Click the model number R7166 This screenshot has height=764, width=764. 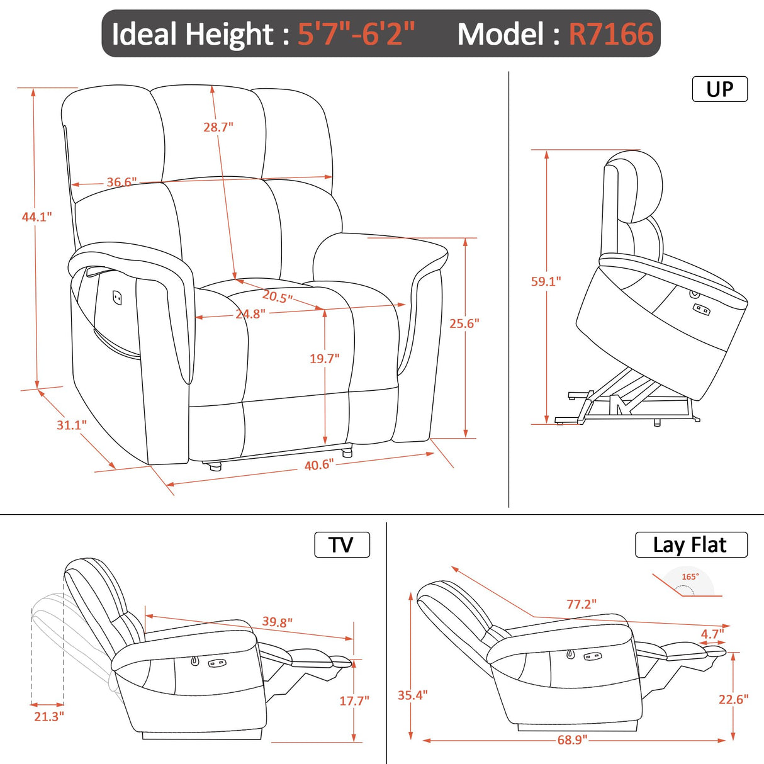click(611, 34)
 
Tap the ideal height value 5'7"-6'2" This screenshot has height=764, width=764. click(356, 34)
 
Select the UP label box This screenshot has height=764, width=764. click(719, 89)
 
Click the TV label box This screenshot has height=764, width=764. click(342, 545)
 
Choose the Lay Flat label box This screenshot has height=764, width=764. click(690, 545)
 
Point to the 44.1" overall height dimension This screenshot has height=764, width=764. click(37, 217)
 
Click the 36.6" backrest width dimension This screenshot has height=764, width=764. click(121, 183)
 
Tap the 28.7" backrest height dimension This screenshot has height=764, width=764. click(218, 127)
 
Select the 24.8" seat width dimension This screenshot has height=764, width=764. click(250, 314)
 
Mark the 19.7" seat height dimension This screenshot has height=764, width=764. click(324, 359)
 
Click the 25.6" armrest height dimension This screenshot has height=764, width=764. click(464, 323)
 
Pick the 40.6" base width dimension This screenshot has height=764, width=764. click(318, 465)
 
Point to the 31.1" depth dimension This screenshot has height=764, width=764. click(72, 425)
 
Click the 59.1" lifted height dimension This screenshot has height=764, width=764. click(546, 281)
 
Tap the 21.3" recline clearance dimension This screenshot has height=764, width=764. click(49, 716)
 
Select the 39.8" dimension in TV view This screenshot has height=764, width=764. click(277, 622)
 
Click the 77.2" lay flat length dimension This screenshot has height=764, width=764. click(581, 604)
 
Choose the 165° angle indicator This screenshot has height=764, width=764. click(690, 577)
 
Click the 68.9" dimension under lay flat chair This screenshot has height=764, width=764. click(571, 740)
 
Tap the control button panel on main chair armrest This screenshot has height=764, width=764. click(118, 296)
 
